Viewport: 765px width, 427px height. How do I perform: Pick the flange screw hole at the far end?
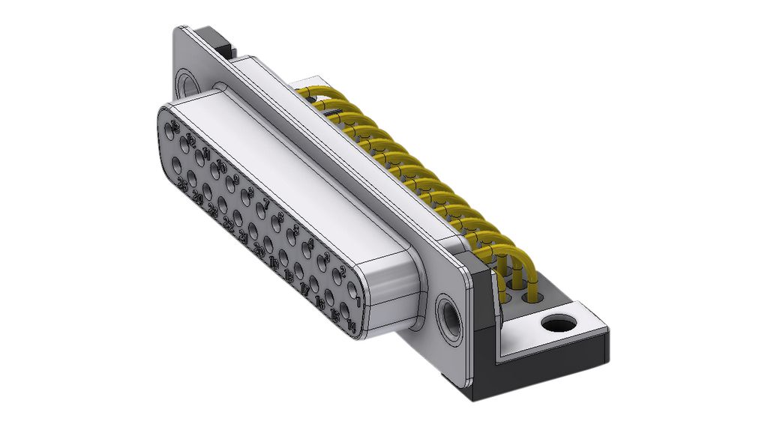point(186,81)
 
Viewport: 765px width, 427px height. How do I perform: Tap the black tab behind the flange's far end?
point(217,41)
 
